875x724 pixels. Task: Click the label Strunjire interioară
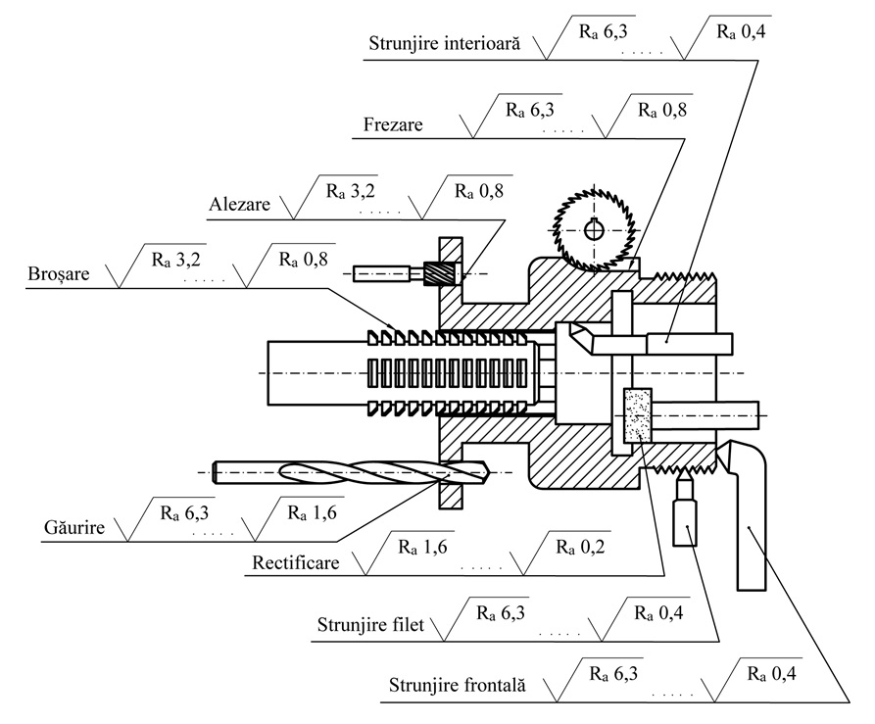(x=444, y=43)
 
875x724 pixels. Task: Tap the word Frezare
(x=393, y=123)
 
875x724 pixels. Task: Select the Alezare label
(x=239, y=204)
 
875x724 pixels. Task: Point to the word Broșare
(x=59, y=274)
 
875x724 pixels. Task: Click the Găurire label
(x=74, y=526)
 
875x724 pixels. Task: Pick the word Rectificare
(x=296, y=561)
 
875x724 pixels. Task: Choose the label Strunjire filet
(x=370, y=624)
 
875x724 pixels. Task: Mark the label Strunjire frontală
(x=457, y=685)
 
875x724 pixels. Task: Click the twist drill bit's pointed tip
(x=489, y=472)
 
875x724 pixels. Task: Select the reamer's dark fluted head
(x=433, y=273)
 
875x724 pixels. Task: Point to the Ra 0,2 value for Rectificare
(x=580, y=547)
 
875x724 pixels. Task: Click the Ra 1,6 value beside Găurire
(x=312, y=512)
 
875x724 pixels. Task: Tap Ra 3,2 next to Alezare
(x=351, y=191)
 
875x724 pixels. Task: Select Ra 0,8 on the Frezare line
(x=661, y=110)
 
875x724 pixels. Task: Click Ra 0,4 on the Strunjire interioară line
(x=741, y=31)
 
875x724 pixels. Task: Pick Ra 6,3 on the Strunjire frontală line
(x=613, y=674)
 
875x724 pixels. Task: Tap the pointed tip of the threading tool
(x=684, y=470)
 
